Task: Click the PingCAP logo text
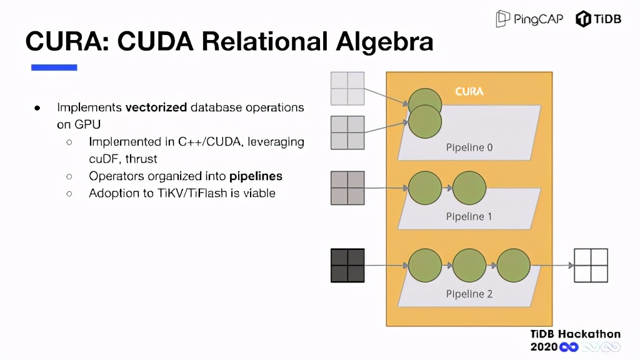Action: tap(538, 19)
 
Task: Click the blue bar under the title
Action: tap(54, 67)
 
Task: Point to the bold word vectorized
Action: tap(156, 107)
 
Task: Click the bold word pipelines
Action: tap(256, 176)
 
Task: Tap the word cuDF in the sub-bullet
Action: tap(102, 159)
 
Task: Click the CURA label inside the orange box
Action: tap(469, 91)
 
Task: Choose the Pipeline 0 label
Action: tap(469, 147)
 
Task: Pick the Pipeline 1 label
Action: tap(469, 216)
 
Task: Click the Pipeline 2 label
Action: tap(469, 293)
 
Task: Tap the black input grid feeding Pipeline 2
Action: tap(347, 265)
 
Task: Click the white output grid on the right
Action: tap(591, 265)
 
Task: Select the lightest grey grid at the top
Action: tap(347, 88)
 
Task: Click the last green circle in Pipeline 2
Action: tap(514, 265)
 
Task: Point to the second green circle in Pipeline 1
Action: tap(469, 187)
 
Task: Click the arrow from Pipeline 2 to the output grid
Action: tap(552, 265)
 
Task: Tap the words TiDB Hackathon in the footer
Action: tap(575, 334)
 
